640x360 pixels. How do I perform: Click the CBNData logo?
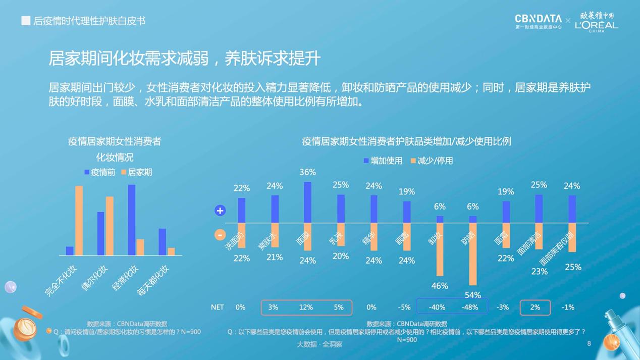pos(538,21)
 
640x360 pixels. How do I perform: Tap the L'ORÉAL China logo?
pos(597,23)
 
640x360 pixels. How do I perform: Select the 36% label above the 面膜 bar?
pos(307,173)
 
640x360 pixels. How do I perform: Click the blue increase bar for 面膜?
pos(307,202)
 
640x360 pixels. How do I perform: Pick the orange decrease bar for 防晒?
pos(473,254)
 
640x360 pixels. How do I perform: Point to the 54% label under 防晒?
pos(472,295)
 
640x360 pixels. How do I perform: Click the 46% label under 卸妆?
pos(440,286)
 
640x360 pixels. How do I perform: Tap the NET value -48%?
pos(470,307)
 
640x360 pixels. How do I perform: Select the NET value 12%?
pos(306,307)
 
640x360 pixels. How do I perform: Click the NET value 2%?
pos(535,307)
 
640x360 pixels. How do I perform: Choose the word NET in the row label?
pos(217,307)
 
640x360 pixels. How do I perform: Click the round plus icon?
pos(220,211)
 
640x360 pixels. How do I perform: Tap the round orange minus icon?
pos(220,235)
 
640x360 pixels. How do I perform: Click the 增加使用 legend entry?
pos(383,161)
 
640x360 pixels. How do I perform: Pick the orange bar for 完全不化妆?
pos(79,221)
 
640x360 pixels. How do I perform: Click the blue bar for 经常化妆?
pos(132,220)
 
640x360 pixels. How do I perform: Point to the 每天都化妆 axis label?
pos(153,281)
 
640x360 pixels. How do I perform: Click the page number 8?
pos(589,344)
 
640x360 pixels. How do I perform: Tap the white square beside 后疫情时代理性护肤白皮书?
pos(26,21)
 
